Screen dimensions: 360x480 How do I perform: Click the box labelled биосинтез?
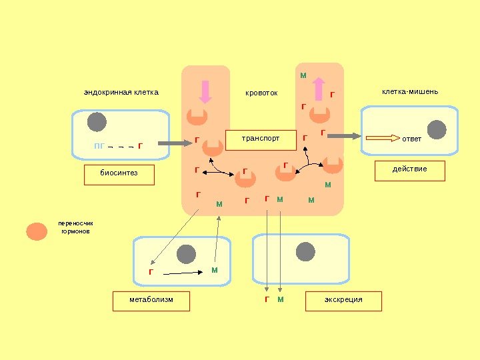[x=119, y=175]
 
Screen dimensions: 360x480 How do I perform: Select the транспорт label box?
[x=261, y=140]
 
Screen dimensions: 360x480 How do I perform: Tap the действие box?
[x=409, y=171]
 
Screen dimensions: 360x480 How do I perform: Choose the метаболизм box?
[x=151, y=301]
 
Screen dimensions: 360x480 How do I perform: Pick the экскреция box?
[x=343, y=301]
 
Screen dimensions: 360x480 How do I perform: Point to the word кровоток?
[x=261, y=93]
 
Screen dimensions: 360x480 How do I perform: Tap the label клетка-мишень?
[x=410, y=91]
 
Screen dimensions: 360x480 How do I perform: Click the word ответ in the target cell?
[x=412, y=139]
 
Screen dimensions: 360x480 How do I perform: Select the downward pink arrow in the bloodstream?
[x=205, y=92]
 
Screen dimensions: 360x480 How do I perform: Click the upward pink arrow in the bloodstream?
[x=319, y=89]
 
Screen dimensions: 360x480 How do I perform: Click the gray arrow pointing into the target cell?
[x=344, y=136]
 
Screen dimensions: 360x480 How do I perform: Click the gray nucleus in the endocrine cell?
[x=97, y=123]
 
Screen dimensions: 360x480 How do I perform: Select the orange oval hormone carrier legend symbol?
[x=37, y=231]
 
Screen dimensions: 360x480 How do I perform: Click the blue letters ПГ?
[x=99, y=145]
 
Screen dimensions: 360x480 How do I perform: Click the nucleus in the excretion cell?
[x=305, y=252]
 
